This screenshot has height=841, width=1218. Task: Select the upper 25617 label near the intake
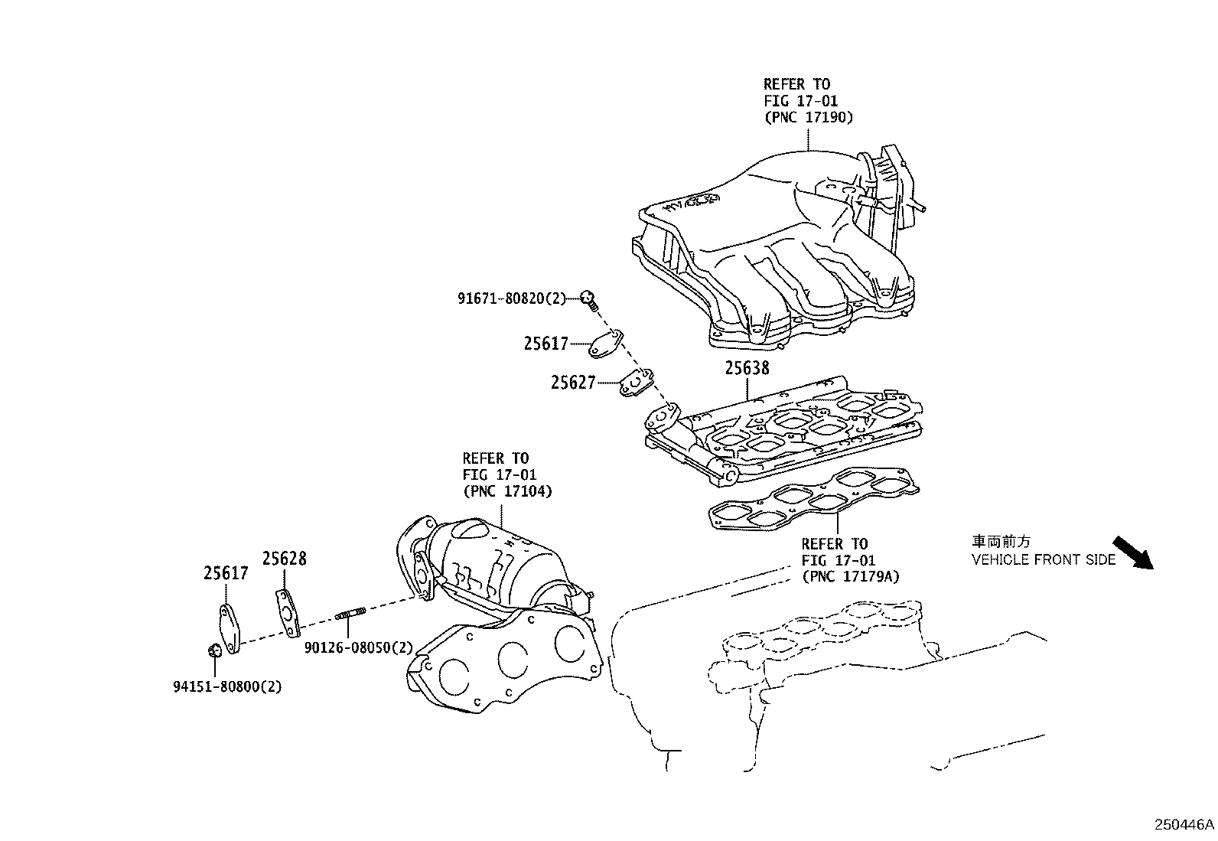pyautogui.click(x=545, y=344)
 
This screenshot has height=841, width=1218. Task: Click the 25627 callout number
pyautogui.click(x=572, y=382)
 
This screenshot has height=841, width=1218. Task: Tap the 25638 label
pyautogui.click(x=747, y=368)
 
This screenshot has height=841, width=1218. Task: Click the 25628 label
pyautogui.click(x=284, y=559)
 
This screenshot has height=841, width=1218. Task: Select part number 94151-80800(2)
pyautogui.click(x=226, y=686)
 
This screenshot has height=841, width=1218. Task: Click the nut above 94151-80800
pyautogui.click(x=215, y=650)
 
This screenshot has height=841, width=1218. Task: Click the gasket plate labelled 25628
pyautogui.click(x=286, y=613)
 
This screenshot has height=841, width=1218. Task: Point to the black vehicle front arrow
pyautogui.click(x=1132, y=553)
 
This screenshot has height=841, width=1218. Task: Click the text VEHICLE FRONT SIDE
pyautogui.click(x=1044, y=559)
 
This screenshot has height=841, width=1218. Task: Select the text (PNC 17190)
pyautogui.click(x=808, y=117)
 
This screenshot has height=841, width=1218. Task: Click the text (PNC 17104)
pyautogui.click(x=506, y=491)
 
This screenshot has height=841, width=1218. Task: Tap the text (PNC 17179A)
pyautogui.click(x=850, y=576)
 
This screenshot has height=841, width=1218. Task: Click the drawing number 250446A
pyautogui.click(x=1184, y=825)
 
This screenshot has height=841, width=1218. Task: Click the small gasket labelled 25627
pyautogui.click(x=637, y=383)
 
